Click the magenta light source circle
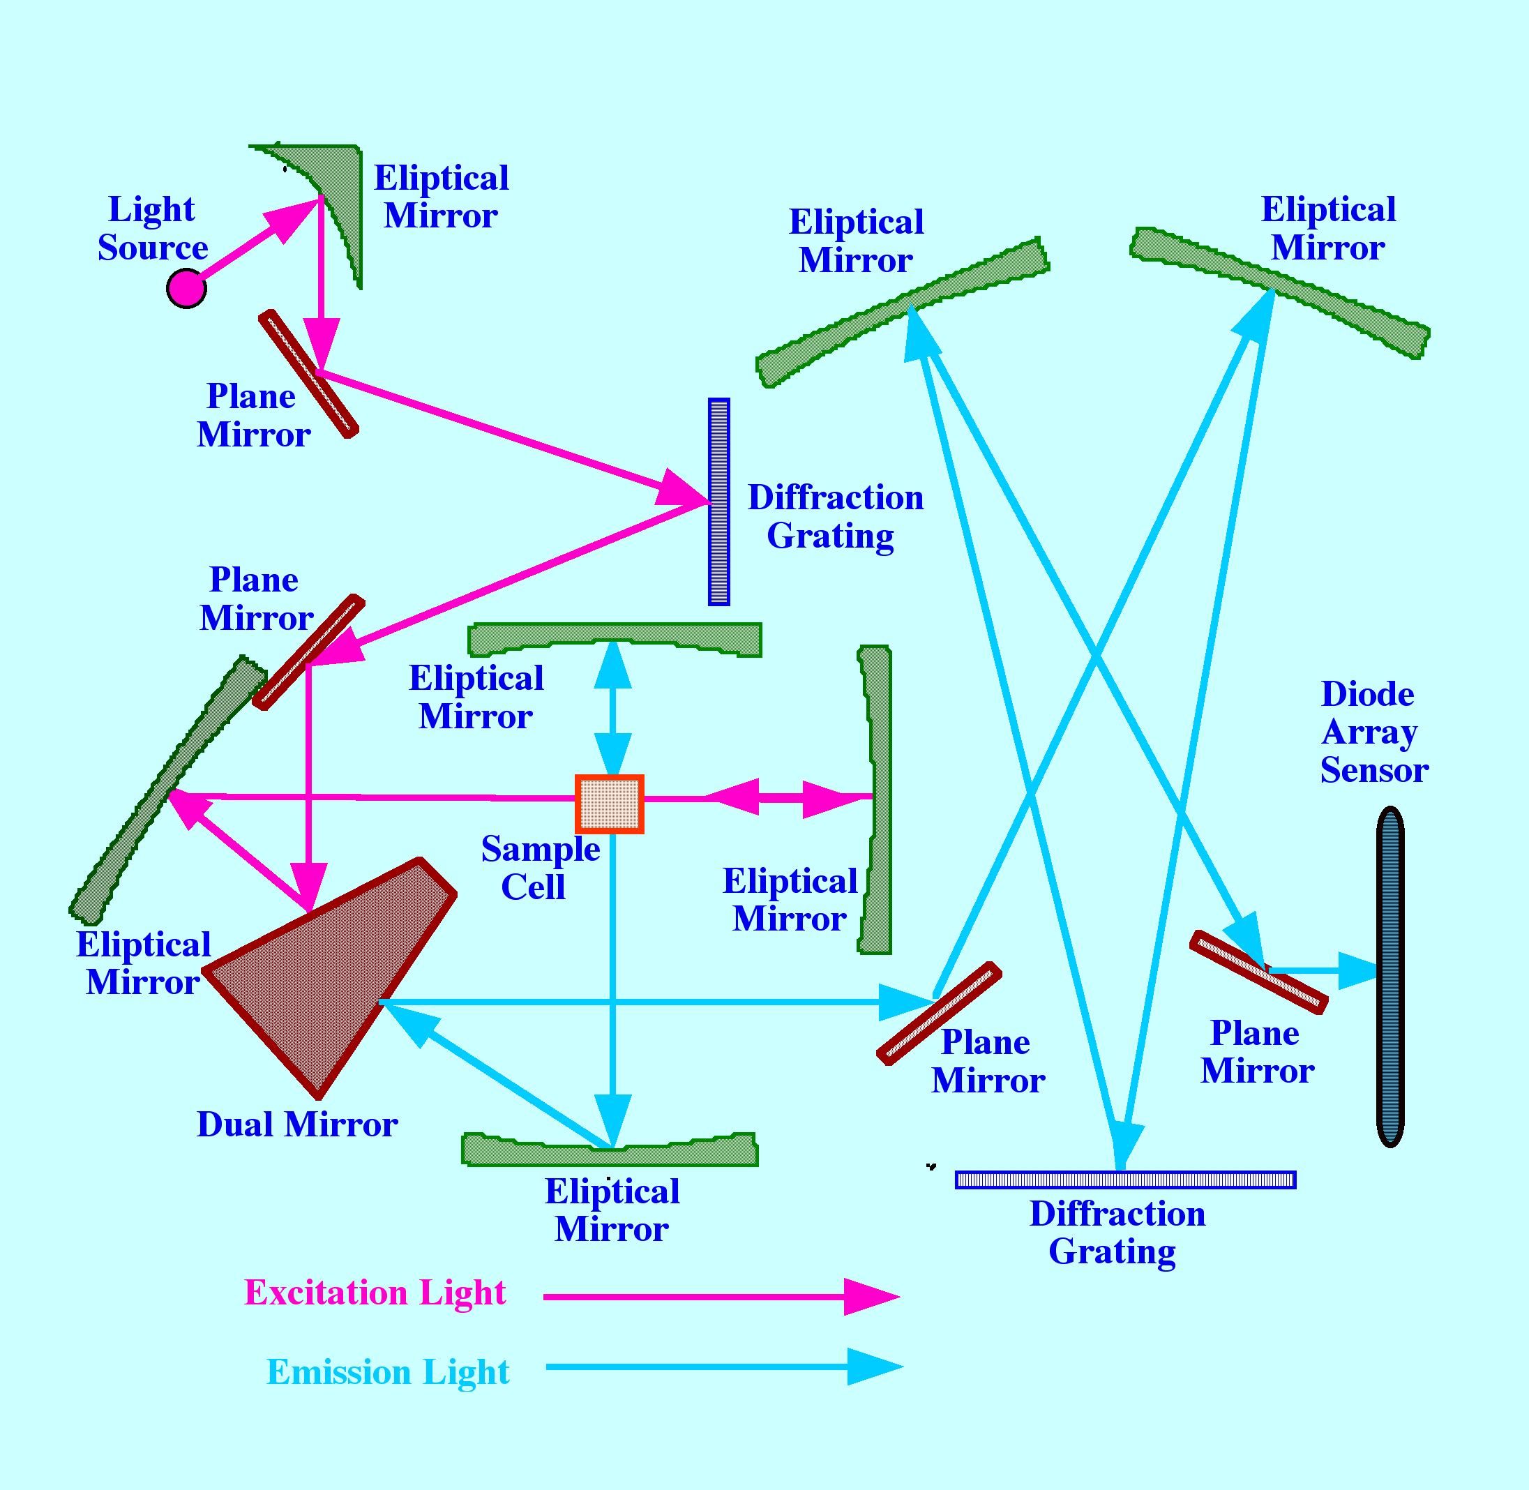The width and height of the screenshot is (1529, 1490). [186, 288]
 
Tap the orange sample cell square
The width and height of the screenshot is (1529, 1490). [610, 804]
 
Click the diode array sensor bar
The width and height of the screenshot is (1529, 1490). [1389, 977]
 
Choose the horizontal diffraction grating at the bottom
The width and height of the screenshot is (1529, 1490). [1125, 1180]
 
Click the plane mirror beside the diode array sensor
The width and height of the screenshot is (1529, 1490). [1258, 972]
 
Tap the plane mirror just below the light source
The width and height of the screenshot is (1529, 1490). [308, 373]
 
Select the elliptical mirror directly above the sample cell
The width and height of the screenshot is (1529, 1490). [615, 638]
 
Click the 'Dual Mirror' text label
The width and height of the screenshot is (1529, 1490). [296, 1125]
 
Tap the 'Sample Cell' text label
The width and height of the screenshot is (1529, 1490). [540, 868]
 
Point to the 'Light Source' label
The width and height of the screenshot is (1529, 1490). [153, 229]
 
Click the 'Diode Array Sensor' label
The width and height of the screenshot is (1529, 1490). [1374, 732]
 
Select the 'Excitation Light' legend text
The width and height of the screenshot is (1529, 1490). [375, 1293]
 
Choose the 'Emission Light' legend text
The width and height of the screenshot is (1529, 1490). [387, 1373]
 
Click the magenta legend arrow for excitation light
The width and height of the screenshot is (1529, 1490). [720, 1297]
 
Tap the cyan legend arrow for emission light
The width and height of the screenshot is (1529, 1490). [723, 1367]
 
